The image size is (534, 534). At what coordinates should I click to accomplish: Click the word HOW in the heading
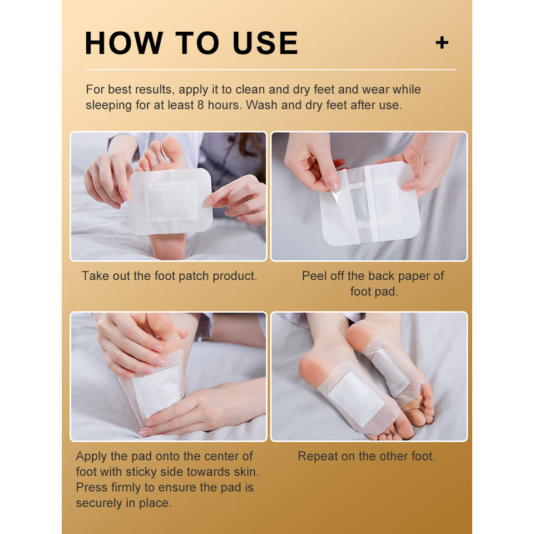pos(123,43)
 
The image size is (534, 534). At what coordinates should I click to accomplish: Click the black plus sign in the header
pos(442,43)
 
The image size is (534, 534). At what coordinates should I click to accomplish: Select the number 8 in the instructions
pos(201,105)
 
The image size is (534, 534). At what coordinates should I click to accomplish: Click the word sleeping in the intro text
pos(108,105)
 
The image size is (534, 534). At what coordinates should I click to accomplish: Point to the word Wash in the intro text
pos(262,105)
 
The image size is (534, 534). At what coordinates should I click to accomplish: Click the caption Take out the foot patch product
pos(169,276)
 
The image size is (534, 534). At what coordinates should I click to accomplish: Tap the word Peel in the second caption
pos(314,275)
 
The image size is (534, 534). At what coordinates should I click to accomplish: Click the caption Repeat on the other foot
pos(367,456)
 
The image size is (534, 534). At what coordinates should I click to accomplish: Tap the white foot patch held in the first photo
pos(170,201)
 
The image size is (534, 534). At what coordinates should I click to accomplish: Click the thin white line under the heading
pos(271,70)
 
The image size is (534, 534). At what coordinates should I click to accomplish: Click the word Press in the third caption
pos(91,487)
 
